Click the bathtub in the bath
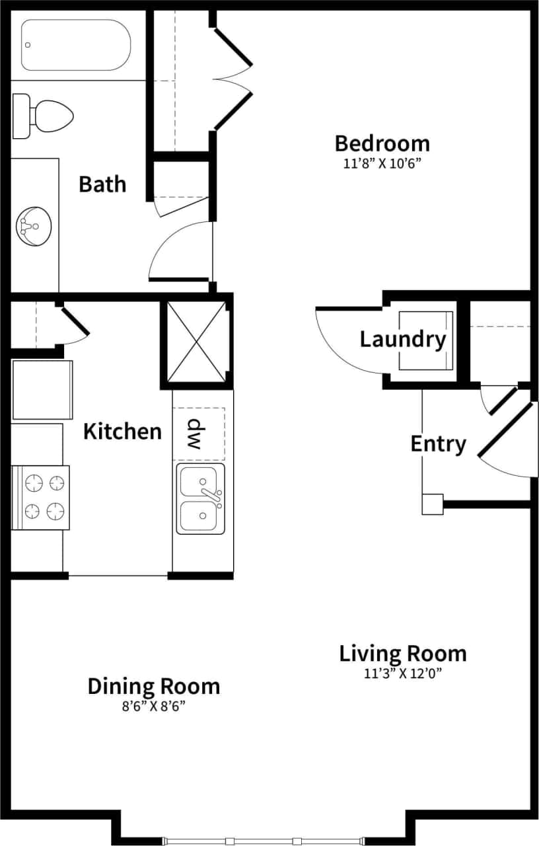(x=75, y=45)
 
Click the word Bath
(x=102, y=184)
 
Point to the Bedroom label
(x=382, y=143)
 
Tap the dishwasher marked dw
(x=199, y=434)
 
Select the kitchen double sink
(x=200, y=498)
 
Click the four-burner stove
(x=40, y=497)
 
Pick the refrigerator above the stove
(x=42, y=390)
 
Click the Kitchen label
(x=122, y=432)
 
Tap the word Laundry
(x=402, y=340)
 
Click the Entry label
(x=438, y=443)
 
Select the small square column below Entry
(x=433, y=504)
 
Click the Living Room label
(x=402, y=654)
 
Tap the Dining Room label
(x=153, y=686)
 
